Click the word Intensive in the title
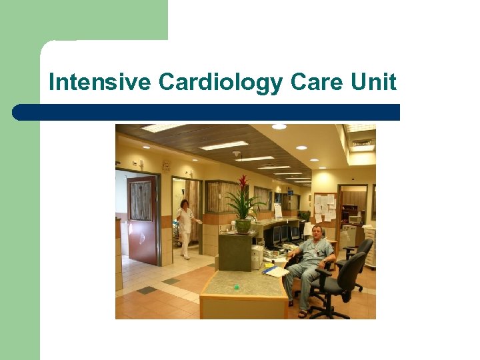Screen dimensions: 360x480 pyautogui.click(x=101, y=83)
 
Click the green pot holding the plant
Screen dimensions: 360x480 pyautogui.click(x=243, y=225)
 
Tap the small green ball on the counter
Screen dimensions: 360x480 pyautogui.click(x=236, y=287)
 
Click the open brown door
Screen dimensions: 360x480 pyautogui.click(x=142, y=219)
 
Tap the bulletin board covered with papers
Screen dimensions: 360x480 pyautogui.click(x=325, y=207)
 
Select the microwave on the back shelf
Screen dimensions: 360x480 pyautogui.click(x=355, y=219)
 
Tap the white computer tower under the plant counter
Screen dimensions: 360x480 pyautogui.click(x=257, y=257)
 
